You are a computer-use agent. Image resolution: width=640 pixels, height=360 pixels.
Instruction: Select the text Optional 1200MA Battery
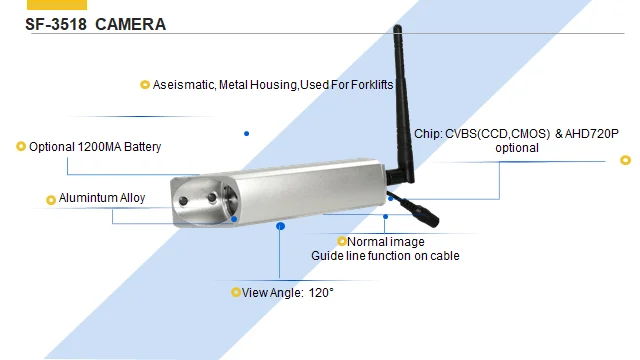95,147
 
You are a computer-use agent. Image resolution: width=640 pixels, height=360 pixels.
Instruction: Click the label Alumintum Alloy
102,198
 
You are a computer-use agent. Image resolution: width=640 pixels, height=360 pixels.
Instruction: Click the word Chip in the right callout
425,133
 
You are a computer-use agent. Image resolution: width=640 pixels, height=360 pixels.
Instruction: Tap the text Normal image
385,242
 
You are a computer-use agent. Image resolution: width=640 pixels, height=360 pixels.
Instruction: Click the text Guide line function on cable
385,256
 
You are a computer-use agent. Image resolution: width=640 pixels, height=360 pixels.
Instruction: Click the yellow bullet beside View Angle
236,293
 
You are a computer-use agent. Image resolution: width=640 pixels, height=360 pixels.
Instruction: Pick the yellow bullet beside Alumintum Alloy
51,199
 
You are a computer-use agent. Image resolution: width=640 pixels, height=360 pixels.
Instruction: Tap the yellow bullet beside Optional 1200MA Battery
21,147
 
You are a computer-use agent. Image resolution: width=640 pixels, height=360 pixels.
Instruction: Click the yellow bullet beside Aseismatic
145,85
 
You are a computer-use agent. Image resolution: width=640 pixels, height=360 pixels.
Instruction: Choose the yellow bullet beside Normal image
341,242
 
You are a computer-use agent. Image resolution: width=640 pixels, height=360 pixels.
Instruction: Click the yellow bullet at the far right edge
626,159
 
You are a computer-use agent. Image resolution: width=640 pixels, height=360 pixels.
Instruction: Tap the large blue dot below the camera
281,227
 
